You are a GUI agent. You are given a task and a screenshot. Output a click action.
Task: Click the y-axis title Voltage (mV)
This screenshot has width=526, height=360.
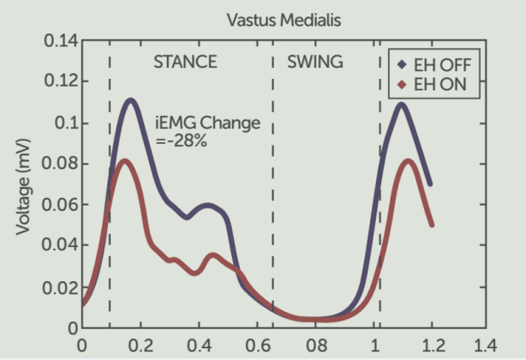(x=23, y=184)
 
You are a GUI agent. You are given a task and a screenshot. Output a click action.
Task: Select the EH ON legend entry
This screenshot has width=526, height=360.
(x=437, y=85)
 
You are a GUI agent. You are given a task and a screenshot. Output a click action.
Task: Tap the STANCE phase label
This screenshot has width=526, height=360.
(x=185, y=62)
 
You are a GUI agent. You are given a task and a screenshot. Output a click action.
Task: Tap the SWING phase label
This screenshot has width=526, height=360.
(x=314, y=62)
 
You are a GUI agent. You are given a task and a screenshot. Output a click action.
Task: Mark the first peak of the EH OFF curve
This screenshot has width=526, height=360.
(x=131, y=100)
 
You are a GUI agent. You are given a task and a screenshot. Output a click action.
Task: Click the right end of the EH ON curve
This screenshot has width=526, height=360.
(x=432, y=225)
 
